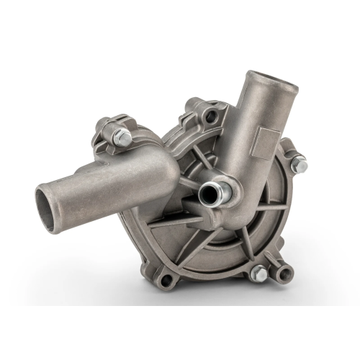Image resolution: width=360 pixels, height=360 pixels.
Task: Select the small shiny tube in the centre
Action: [x=212, y=192]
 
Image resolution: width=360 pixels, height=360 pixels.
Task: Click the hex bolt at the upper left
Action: [x=122, y=138]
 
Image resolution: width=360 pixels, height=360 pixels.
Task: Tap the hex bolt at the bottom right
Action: [x=259, y=274]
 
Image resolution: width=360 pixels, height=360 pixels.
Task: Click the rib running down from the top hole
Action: [x=209, y=144]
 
